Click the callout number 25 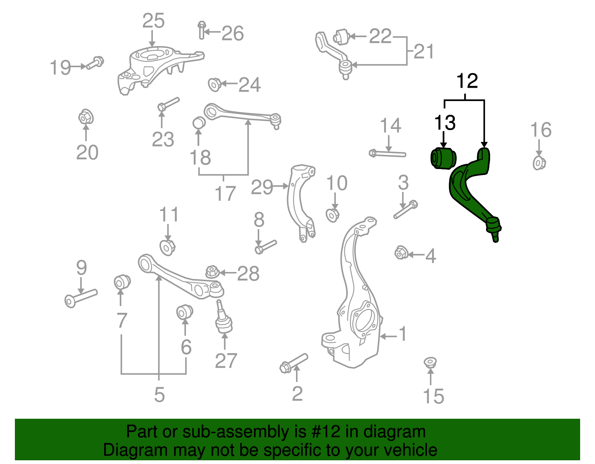(x=153, y=21)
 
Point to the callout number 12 (x=467, y=81)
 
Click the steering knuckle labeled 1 (x=357, y=297)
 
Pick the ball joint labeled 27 (x=224, y=319)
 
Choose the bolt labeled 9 (x=81, y=298)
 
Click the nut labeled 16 (x=539, y=163)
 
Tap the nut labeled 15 (x=430, y=362)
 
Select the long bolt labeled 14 (x=388, y=153)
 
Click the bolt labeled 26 (x=202, y=30)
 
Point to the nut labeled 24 (x=215, y=84)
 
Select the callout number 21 (x=424, y=52)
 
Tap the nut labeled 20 (x=86, y=117)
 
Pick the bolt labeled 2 (x=293, y=362)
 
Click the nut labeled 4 (x=401, y=253)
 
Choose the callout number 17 (x=225, y=194)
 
